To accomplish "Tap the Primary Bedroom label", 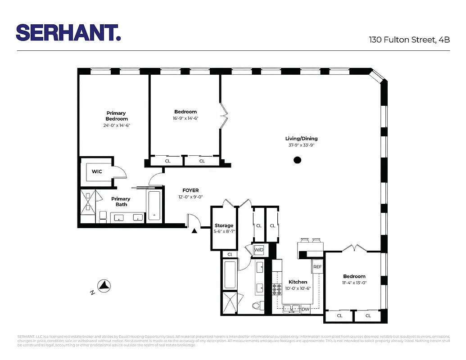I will [116, 116].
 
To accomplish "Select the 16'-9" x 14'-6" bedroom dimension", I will [185, 118].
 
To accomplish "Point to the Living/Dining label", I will [302, 139].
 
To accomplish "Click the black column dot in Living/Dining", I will [297, 160].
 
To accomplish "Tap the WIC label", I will [97, 171].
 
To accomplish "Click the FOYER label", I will [190, 190].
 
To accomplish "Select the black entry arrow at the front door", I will [195, 231].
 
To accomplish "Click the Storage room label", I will [224, 225].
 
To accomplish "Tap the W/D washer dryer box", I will [259, 250].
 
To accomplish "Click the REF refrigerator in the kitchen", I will [317, 267].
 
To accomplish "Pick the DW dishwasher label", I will [305, 309].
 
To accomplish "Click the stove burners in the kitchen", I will [277, 289].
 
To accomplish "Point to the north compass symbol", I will [104, 285].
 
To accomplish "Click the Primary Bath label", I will [121, 202].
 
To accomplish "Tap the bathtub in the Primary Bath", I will [154, 206].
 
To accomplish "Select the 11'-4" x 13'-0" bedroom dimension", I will [354, 283].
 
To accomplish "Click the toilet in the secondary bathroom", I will [257, 306].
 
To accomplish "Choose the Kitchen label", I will [298, 282].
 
